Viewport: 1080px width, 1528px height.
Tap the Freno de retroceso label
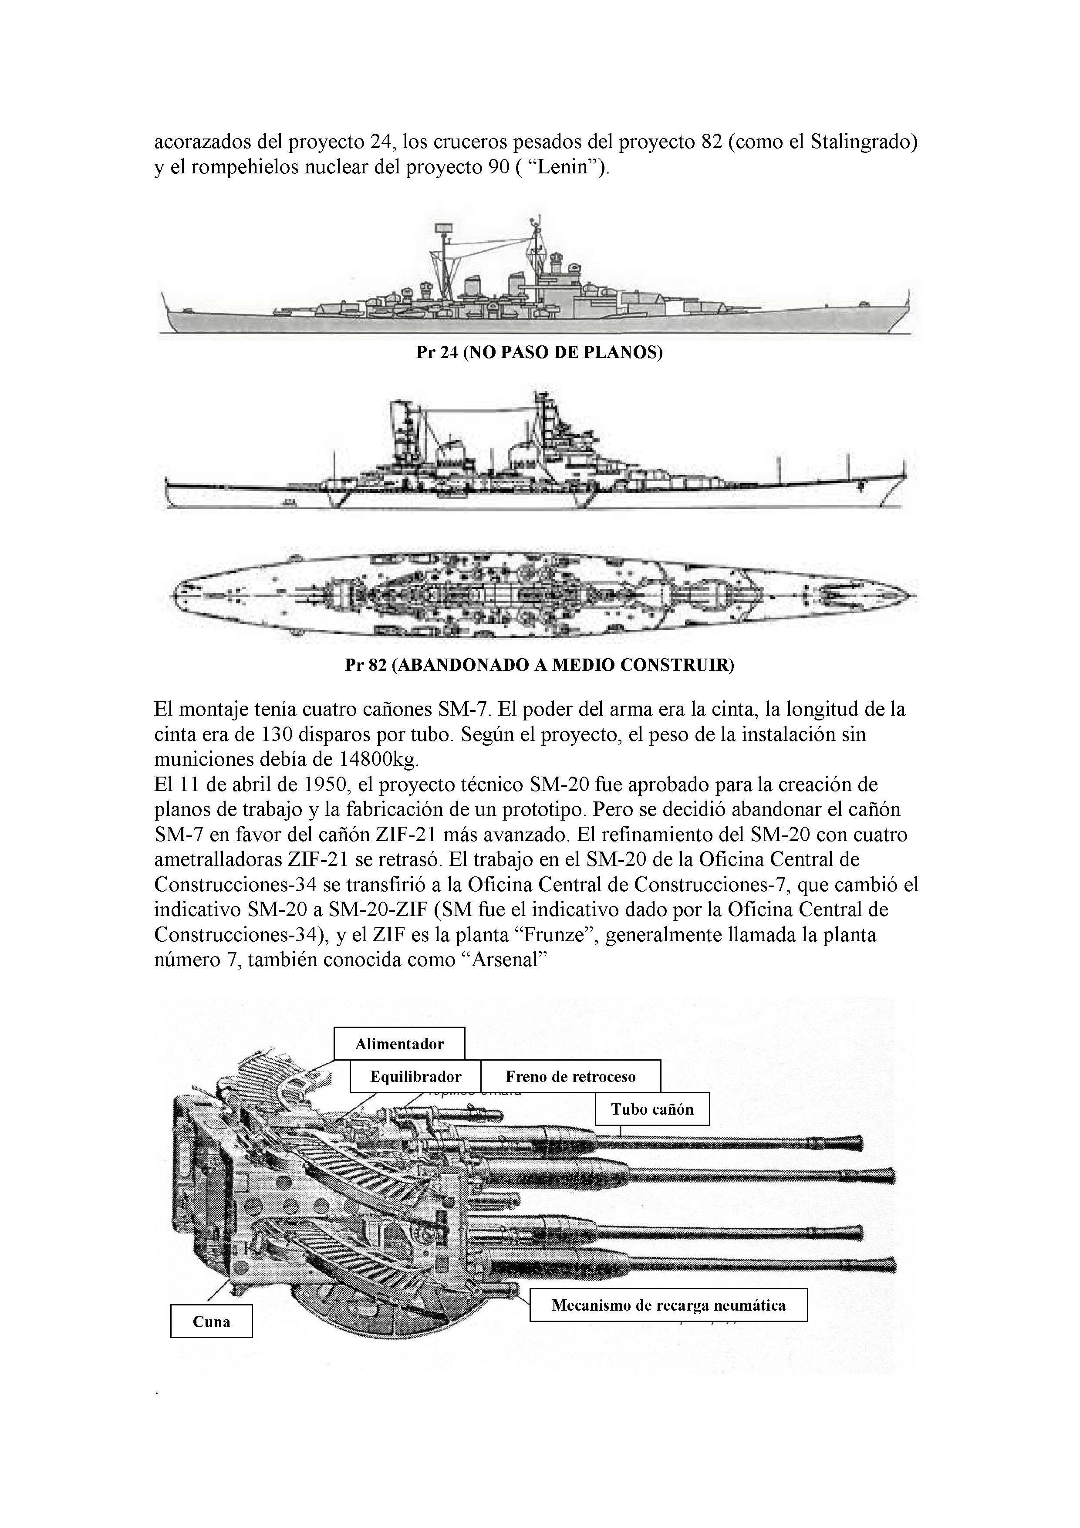click(x=570, y=1076)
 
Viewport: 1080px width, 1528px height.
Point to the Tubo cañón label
click(x=652, y=1109)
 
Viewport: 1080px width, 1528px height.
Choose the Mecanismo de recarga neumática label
click(x=668, y=1305)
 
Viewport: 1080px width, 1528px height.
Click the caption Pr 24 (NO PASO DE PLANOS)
click(x=539, y=353)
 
